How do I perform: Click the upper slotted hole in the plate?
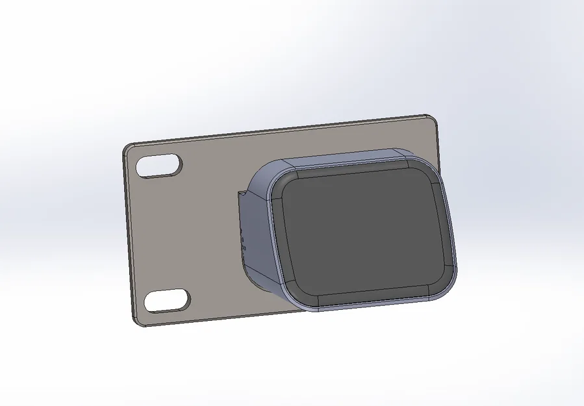160,166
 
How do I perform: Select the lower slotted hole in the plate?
167,300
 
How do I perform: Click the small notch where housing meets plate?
242,193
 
